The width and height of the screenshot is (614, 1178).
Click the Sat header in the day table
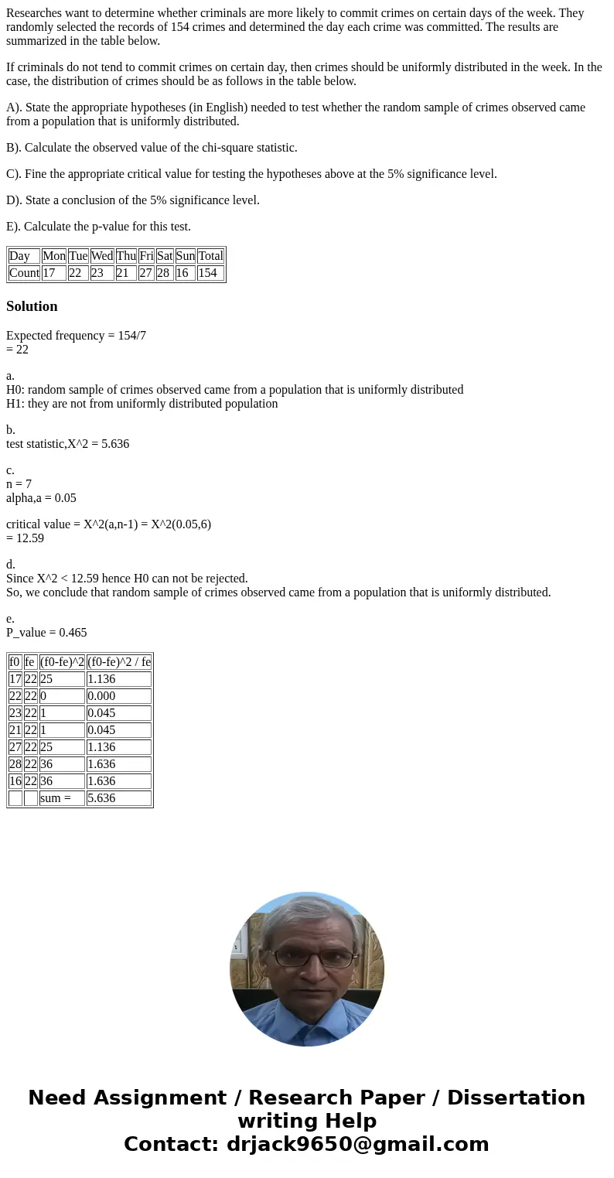click(x=165, y=256)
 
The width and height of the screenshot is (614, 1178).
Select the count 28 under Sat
click(x=165, y=273)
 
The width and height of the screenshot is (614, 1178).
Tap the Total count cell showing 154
click(x=210, y=273)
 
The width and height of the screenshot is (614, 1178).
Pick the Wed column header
click(x=102, y=256)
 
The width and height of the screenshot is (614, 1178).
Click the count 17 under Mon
click(x=53, y=273)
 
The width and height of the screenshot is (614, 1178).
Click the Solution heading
click(x=32, y=306)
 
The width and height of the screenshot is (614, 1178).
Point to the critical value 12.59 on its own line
click(x=25, y=538)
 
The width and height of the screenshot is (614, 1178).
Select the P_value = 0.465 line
click(x=46, y=633)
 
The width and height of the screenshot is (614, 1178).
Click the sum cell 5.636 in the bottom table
click(x=118, y=798)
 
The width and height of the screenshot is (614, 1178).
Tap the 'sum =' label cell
click(x=62, y=798)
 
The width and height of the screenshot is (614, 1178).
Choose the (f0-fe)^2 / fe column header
click(x=118, y=662)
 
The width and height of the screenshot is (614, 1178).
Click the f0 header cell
click(x=15, y=662)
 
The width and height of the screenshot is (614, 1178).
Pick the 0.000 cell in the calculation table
click(x=118, y=696)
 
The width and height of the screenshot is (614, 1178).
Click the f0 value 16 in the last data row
click(x=15, y=781)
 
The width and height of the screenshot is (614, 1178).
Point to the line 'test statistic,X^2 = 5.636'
click(x=68, y=444)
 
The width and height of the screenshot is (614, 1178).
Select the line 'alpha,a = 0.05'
click(x=41, y=498)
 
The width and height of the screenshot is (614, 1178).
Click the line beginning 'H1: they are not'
click(x=142, y=404)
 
